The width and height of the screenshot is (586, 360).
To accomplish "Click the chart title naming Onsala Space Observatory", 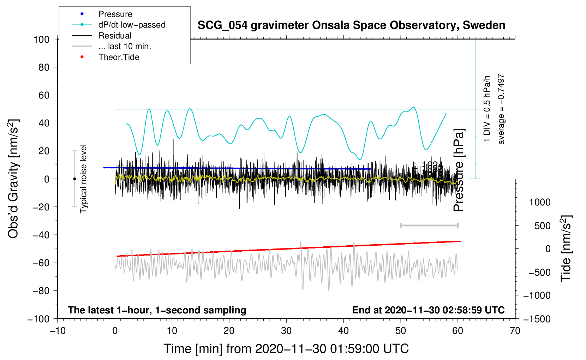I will point(351,25).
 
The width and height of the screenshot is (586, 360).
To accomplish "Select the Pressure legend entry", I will point(115,14).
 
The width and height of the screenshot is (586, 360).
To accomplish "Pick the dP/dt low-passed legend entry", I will point(132,25).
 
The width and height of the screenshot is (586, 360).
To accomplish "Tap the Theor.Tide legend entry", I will point(119,57).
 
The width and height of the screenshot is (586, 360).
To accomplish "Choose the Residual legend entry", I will point(115,36).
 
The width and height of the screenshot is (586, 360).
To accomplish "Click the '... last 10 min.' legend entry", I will point(125,46).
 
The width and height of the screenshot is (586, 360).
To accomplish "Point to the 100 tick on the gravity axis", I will point(41,39).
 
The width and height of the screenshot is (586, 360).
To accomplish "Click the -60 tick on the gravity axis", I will point(41,263).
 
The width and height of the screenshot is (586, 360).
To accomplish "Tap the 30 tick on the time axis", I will point(286,331).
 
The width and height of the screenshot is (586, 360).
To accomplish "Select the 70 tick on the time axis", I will point(515,331).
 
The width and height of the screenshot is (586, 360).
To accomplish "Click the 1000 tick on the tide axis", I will point(540,202).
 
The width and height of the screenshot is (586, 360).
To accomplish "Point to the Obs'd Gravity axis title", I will point(13,179).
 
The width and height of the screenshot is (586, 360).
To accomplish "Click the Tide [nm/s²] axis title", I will point(566,248).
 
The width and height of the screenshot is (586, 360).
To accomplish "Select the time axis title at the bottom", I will point(286,349).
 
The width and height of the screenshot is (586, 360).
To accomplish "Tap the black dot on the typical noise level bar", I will point(74,179).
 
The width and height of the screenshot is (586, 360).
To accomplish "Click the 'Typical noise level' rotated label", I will point(83,179).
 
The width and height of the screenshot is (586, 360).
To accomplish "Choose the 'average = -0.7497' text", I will point(501,109).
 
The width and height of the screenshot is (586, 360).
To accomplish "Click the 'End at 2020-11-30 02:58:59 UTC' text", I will point(428,310).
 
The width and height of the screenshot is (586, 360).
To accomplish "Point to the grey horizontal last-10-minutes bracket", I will point(429,225).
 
